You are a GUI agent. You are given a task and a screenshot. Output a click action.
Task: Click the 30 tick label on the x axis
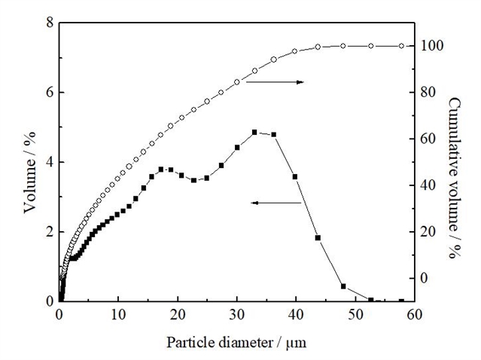coord(237,316)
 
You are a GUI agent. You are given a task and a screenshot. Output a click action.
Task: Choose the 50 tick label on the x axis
coord(355,316)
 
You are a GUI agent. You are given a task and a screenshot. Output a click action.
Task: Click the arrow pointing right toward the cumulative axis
coord(275,82)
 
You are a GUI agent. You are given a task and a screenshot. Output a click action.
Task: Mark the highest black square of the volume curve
coord(255,133)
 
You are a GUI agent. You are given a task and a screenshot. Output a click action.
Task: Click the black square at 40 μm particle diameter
coord(295,177)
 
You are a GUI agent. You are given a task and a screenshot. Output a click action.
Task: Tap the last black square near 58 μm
coord(402,301)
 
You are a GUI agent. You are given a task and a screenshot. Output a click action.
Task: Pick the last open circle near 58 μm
coord(402,46)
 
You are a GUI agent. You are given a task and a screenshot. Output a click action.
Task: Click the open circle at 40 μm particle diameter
coord(295,51)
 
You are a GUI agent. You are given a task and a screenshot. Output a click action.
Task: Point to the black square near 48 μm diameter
coord(343,286)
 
